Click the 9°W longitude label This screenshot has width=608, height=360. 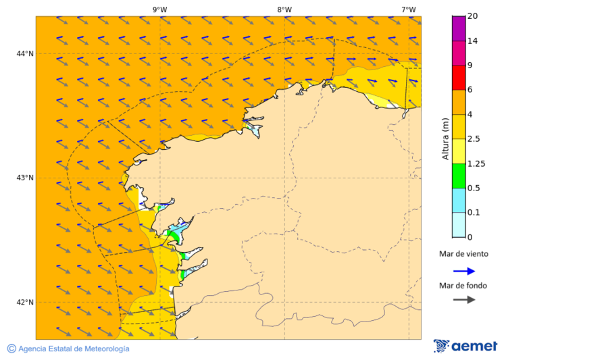click(159, 9)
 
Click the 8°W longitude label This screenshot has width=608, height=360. click(284, 9)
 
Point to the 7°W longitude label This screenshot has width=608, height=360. click(408, 9)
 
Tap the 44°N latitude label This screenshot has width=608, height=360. click(25, 53)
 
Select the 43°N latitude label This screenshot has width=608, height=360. click(25, 178)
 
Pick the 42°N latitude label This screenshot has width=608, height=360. click(25, 302)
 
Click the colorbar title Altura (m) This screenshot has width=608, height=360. click(445, 138)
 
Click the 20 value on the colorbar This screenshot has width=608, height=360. click(472, 16)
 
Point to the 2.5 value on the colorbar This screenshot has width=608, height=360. click(474, 139)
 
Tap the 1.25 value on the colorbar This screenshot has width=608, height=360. click(476, 163)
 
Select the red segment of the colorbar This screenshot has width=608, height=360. click(459, 78)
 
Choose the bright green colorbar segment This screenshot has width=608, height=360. click(459, 176)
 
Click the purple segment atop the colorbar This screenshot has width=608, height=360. click(459, 28)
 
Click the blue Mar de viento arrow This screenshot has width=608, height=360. click(463, 271)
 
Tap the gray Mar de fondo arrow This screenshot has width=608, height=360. click(463, 300)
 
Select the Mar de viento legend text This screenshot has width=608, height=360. click(463, 255)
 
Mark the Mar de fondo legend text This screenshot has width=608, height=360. click(463, 286)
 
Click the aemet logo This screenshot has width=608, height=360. click(465, 346)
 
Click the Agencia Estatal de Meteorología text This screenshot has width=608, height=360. click(74, 349)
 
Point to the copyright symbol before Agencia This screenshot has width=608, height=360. click(11, 349)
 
